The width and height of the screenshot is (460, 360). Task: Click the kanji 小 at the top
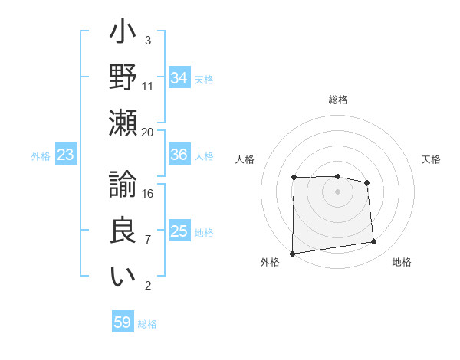(123, 34)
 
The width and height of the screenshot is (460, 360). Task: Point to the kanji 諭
(123, 186)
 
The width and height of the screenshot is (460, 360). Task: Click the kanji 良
(123, 230)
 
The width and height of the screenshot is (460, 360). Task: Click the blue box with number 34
(179, 77)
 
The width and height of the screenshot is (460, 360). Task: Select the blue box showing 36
(179, 155)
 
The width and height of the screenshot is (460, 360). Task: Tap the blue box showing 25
(179, 231)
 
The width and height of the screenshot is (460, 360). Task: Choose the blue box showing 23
(66, 155)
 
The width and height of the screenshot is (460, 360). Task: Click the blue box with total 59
(123, 322)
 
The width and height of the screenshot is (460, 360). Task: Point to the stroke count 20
(147, 132)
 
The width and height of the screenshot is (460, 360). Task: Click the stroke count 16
(148, 193)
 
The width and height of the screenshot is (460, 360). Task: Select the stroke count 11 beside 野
(148, 86)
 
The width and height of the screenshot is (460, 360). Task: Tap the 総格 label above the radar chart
(337, 100)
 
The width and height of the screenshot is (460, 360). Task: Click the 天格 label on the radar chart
(431, 159)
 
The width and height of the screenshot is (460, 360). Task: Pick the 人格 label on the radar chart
(245, 159)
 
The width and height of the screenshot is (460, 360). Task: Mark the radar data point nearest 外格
(292, 253)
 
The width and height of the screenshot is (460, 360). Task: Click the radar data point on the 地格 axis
(374, 242)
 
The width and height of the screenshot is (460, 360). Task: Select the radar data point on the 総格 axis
(337, 176)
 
